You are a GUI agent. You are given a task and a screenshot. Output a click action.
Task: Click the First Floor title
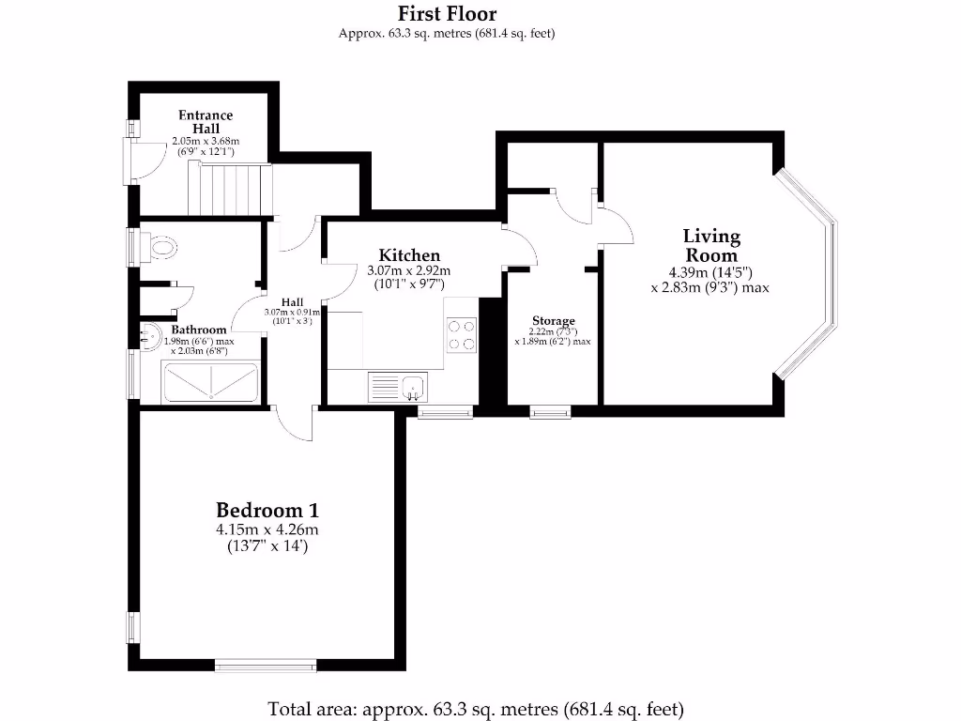[x=447, y=13]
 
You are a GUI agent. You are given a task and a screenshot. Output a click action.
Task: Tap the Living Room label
[x=710, y=246]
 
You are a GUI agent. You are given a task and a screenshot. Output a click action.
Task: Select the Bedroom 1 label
[x=267, y=511]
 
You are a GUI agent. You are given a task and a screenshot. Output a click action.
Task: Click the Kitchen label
[x=409, y=255]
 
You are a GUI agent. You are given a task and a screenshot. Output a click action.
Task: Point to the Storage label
[x=553, y=321]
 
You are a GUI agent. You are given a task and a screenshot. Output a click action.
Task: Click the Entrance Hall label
[x=206, y=121]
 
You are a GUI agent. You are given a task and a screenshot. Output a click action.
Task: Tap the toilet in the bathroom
[x=161, y=247]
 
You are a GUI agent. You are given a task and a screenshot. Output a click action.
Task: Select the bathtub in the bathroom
[x=211, y=382]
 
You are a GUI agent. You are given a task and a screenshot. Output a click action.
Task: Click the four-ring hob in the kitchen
[x=462, y=335]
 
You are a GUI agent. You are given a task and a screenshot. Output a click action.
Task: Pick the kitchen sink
[x=399, y=386]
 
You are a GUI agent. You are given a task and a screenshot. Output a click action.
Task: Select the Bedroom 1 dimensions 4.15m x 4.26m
[x=267, y=529]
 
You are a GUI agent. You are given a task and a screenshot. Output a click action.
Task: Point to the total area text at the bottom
[x=476, y=708]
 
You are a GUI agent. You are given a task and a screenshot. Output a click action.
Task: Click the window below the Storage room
[x=549, y=411]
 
